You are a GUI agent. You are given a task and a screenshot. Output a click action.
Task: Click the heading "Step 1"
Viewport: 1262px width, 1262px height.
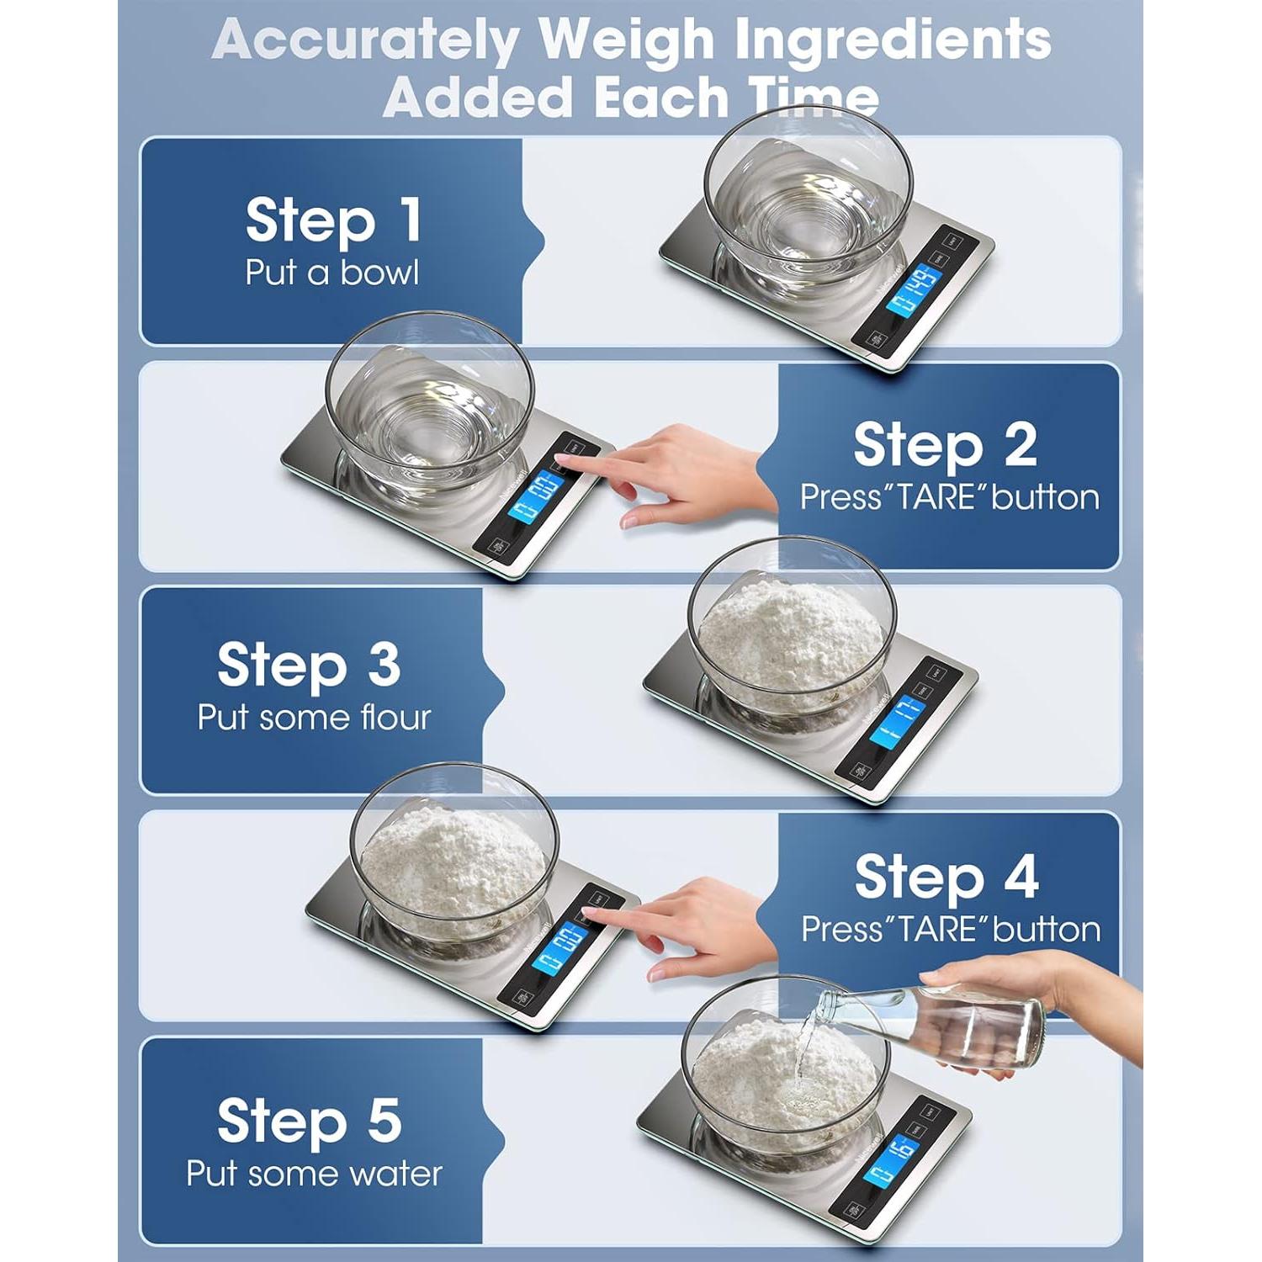coord(333,220)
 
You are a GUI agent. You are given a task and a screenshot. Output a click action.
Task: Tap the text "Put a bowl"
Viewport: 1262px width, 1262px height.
coord(331,273)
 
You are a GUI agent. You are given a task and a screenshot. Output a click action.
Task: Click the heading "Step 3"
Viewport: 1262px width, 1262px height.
coord(308,665)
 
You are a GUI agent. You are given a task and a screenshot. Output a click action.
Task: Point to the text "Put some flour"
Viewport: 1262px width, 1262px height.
coord(314,718)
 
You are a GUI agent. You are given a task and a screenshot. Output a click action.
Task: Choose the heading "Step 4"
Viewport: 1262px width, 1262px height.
coord(946,877)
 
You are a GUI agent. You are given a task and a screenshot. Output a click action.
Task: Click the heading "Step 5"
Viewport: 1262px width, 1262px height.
coord(309,1121)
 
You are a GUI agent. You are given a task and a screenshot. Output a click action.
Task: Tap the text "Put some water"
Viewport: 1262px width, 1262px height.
coord(314,1174)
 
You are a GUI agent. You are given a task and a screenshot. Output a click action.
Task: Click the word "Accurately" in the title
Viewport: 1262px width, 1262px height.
coord(365,40)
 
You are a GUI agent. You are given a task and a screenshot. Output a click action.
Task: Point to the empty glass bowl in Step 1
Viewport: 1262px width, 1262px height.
coord(808,202)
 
